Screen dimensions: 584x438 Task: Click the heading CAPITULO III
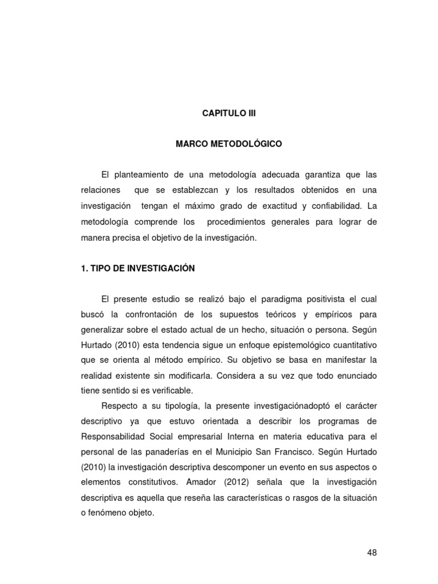[x=229, y=113]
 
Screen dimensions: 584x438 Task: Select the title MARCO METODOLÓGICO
[x=229, y=144]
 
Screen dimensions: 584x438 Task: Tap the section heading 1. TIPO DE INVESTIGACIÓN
[x=138, y=268]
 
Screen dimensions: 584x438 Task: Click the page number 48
[x=372, y=553]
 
